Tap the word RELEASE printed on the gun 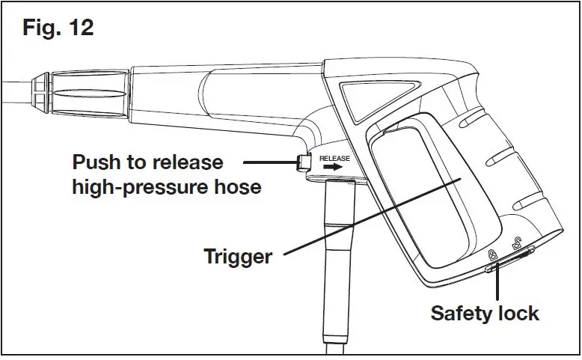pos(334,159)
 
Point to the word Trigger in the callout pos(238,257)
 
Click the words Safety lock pos(485,313)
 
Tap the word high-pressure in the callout pos(137,186)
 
